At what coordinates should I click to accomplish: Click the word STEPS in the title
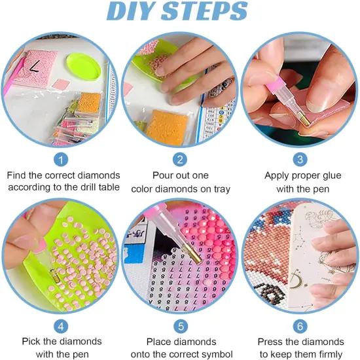(x=205, y=10)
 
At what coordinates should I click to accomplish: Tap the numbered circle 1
(x=61, y=160)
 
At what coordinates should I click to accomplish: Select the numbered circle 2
(x=180, y=160)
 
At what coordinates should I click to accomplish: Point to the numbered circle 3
(x=300, y=160)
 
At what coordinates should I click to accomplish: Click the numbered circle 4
(x=61, y=326)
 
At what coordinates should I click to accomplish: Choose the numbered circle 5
(x=181, y=326)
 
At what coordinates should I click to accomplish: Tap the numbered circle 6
(x=300, y=326)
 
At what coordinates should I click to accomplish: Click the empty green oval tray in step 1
(x=84, y=67)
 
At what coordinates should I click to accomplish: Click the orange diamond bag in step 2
(x=167, y=127)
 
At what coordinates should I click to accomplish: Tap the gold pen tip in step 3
(x=304, y=118)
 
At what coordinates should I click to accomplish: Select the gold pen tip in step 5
(x=192, y=254)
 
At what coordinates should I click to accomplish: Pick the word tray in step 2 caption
(x=222, y=189)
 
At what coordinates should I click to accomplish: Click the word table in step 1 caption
(x=109, y=187)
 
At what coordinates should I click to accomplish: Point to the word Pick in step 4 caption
(x=31, y=342)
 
